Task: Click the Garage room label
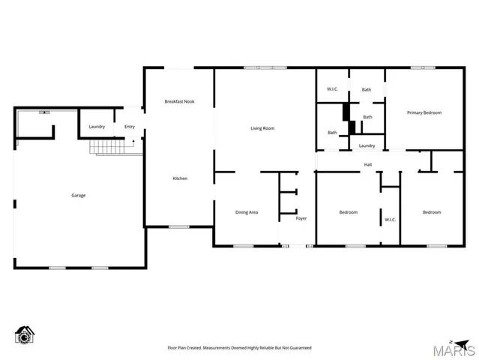[x=78, y=196]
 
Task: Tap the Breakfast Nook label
[x=179, y=101]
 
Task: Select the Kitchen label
[x=180, y=178]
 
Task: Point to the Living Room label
[x=262, y=128]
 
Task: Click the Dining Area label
[x=247, y=212]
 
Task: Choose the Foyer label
[x=301, y=218]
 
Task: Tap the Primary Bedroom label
[x=424, y=112]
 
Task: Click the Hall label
[x=368, y=165]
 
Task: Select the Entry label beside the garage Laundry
[x=130, y=127]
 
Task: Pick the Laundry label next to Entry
[x=97, y=127]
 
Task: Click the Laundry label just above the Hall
[x=367, y=145]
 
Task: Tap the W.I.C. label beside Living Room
[x=333, y=90]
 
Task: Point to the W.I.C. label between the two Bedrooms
[x=390, y=220]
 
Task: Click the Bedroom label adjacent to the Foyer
[x=348, y=212]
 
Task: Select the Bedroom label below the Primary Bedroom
[x=431, y=212]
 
